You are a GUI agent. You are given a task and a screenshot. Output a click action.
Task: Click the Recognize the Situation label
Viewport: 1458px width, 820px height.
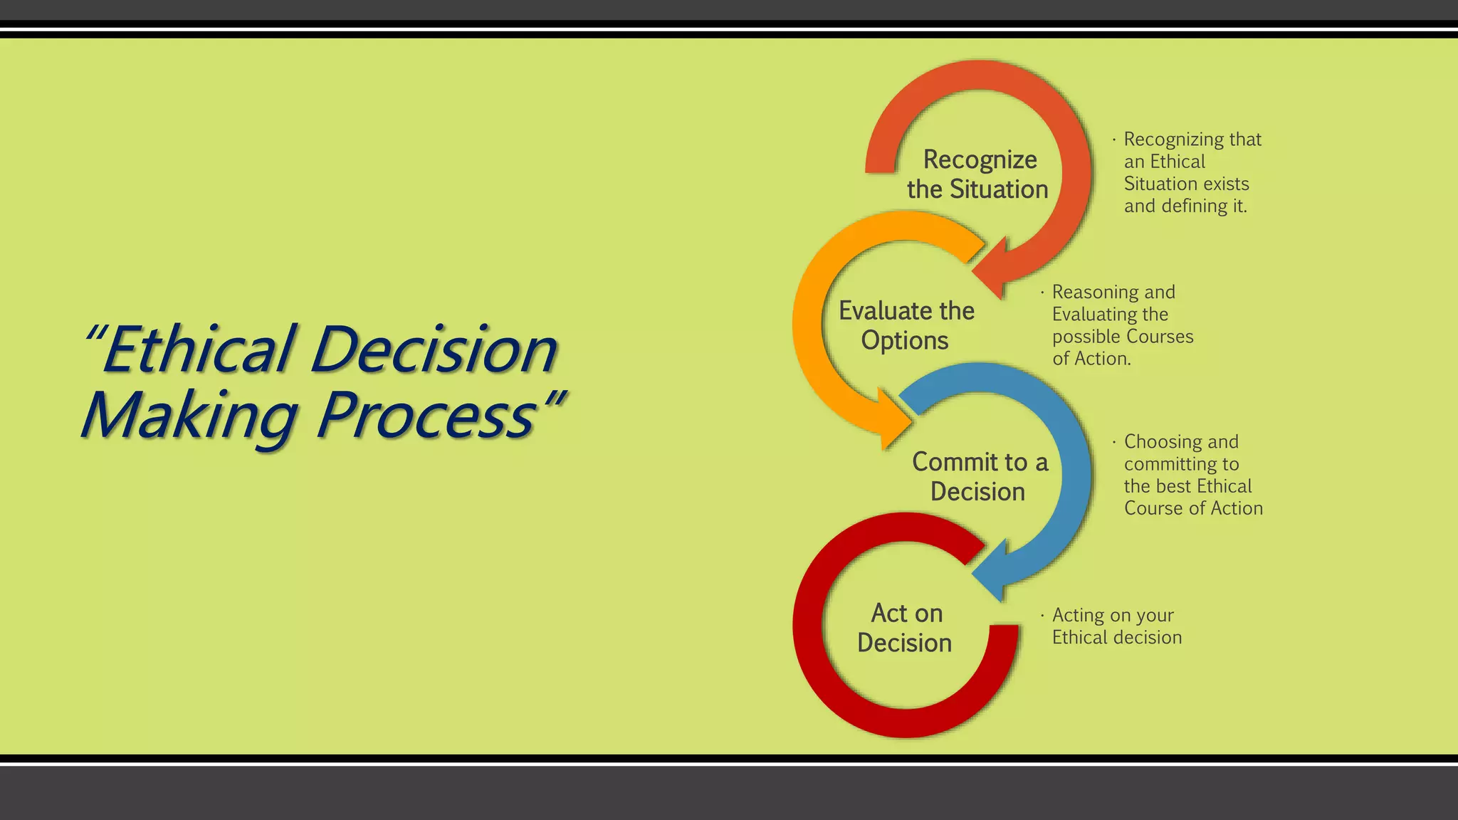tap(978, 174)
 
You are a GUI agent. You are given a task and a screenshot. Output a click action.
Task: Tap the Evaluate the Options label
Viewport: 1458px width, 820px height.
tap(906, 325)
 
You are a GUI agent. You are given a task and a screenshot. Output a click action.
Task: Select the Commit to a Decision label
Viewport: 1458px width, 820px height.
tap(979, 477)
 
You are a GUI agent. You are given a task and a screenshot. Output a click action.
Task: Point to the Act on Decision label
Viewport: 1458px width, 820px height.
tap(906, 628)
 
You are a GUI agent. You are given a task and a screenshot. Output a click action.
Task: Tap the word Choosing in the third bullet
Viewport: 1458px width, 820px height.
tap(1162, 442)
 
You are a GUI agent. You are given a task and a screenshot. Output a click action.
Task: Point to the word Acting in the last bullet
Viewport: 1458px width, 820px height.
tap(1079, 615)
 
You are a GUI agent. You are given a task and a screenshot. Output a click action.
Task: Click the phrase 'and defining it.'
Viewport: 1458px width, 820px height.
tap(1185, 206)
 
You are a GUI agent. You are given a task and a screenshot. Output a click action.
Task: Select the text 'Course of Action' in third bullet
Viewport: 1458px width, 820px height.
tap(1193, 508)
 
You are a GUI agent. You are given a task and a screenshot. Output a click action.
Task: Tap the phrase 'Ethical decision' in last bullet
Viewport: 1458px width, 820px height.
tap(1117, 638)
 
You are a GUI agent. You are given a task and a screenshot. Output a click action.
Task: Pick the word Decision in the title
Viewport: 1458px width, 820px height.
tap(434, 350)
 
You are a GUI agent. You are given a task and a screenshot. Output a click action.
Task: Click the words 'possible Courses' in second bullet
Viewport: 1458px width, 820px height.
tap(1123, 337)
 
